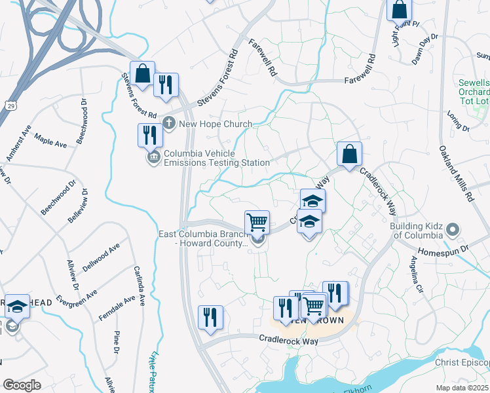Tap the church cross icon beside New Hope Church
[169, 122]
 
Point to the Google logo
[22, 385]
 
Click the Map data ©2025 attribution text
[462, 387]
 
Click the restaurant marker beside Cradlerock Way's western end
[210, 318]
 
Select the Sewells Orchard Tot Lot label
[474, 92]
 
